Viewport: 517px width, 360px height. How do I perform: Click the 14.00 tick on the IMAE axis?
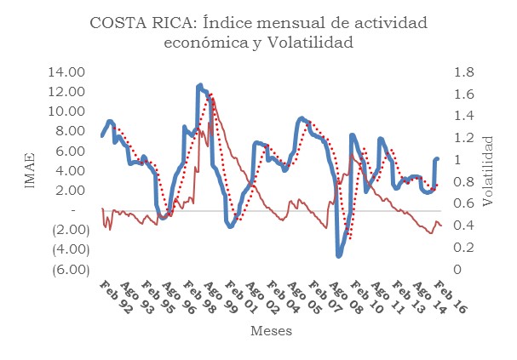coord(67,72)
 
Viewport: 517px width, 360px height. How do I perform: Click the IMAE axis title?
coord(30,171)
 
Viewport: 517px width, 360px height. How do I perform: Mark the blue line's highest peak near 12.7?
coord(200,85)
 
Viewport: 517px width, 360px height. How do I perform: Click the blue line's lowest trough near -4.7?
coord(338,255)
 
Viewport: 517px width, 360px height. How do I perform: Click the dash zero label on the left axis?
coord(75,210)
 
